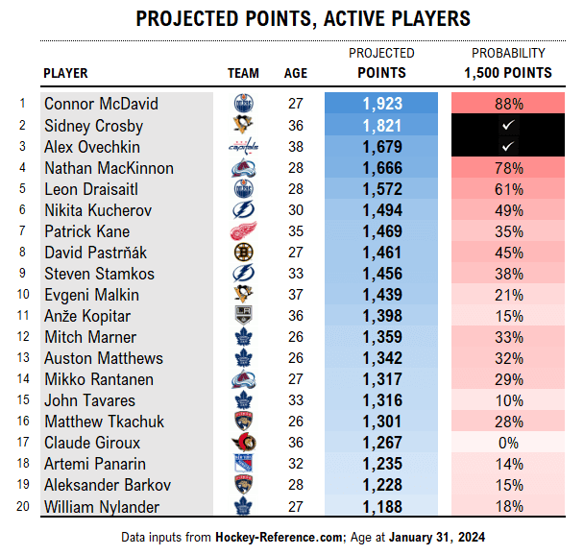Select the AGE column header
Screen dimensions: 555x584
(296, 73)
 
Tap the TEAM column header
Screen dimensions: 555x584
(243, 73)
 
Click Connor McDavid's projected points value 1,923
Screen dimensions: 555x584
(382, 104)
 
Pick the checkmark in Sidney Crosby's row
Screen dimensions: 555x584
(509, 126)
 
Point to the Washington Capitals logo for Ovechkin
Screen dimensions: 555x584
(243, 147)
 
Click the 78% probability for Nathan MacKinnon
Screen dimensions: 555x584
(509, 168)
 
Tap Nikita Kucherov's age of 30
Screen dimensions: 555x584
(296, 210)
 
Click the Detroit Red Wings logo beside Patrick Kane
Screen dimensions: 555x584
(243, 231)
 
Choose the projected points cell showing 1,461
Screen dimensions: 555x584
(382, 253)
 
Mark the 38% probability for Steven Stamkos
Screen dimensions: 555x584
(509, 274)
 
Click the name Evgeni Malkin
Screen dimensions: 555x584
(91, 295)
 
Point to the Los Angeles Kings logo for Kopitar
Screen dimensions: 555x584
(243, 316)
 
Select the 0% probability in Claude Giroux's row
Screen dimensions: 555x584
(509, 443)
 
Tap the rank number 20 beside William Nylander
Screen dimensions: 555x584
(20, 506)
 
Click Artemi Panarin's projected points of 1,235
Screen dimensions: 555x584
(382, 464)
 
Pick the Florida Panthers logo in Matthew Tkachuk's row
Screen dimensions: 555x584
(243, 422)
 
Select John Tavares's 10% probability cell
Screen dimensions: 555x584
(509, 400)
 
